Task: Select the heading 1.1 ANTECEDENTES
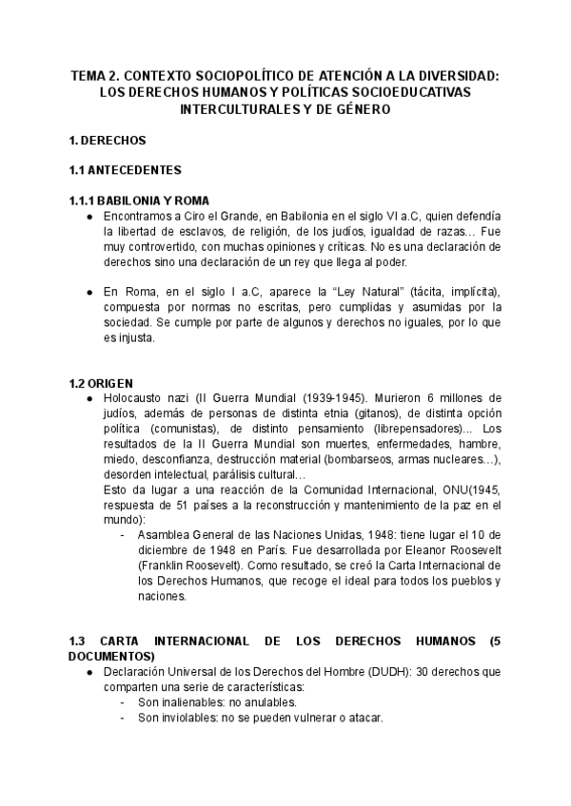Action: [x=126, y=170]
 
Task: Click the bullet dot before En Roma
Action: [x=89, y=291]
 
